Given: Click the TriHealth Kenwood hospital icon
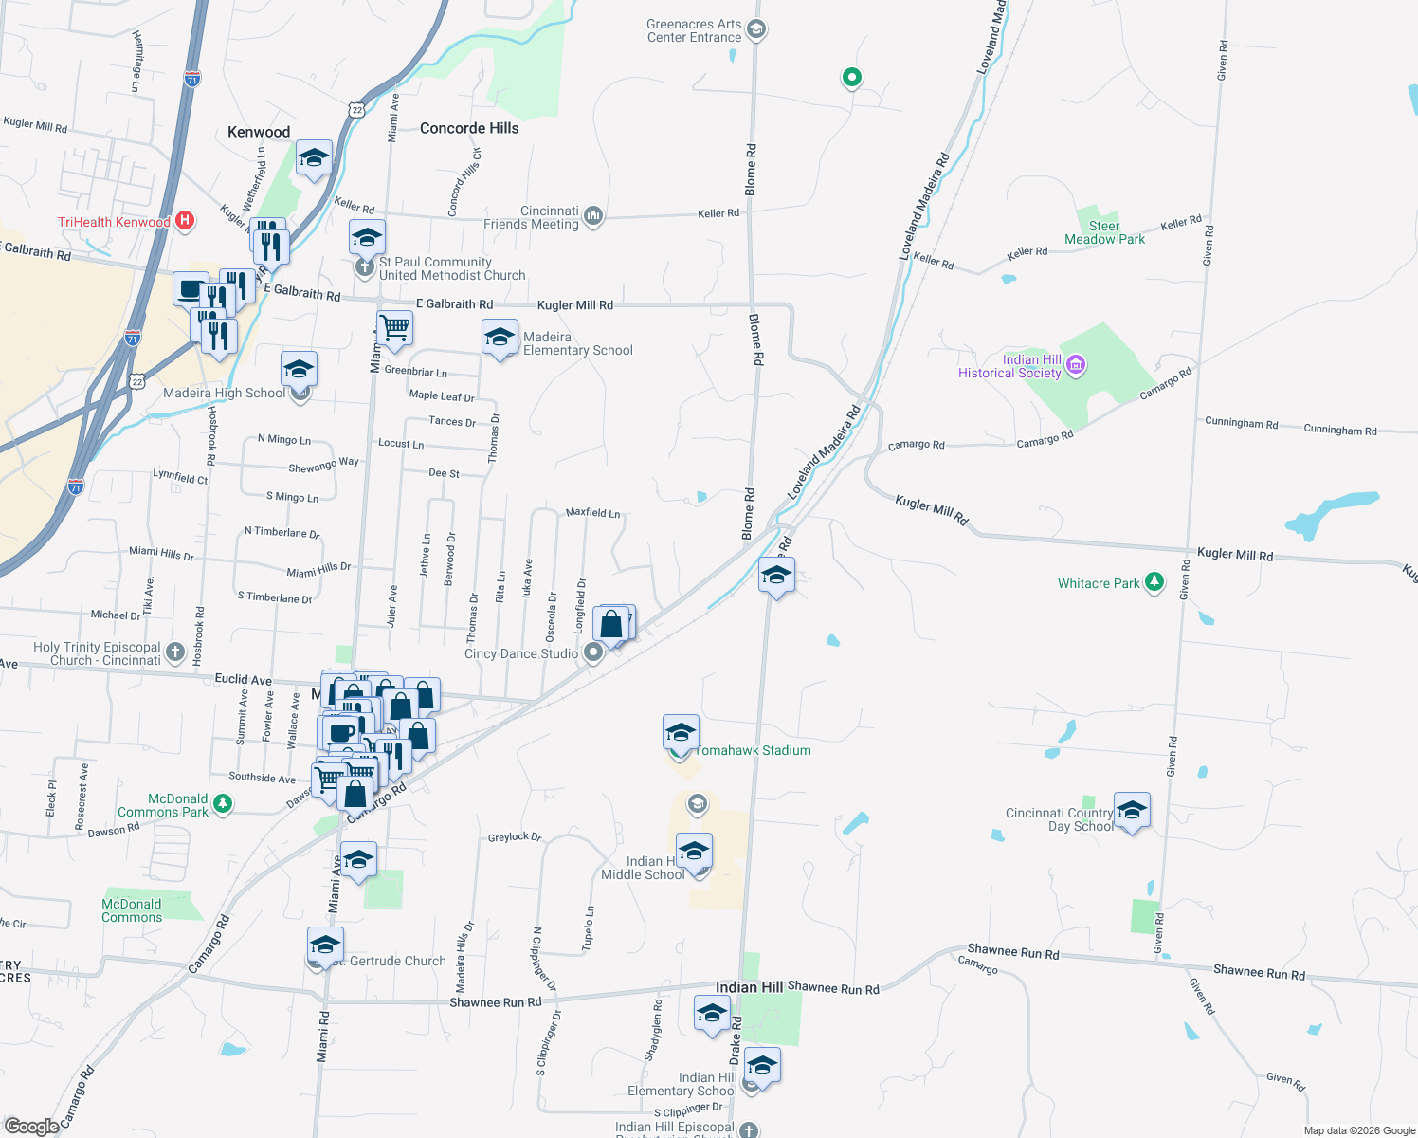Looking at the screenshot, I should [x=186, y=222].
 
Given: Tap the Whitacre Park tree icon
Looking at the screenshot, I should [x=1154, y=582].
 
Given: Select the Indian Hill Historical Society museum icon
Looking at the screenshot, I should [x=1075, y=365].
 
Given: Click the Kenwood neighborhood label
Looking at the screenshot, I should [x=259, y=132].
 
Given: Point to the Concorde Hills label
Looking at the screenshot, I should [x=469, y=128].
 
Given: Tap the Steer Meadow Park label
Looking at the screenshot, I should [x=1104, y=232].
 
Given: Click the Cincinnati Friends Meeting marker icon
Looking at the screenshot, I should [x=593, y=216].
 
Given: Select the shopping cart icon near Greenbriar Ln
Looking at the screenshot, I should [x=394, y=329].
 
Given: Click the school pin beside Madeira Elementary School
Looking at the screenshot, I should [x=500, y=337].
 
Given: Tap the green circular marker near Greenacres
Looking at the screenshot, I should [x=851, y=78].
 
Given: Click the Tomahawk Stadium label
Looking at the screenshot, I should [x=754, y=750].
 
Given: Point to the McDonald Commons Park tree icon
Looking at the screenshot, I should [x=223, y=804].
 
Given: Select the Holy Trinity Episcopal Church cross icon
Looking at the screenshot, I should [x=174, y=652].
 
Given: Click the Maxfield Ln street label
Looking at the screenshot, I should [x=592, y=512].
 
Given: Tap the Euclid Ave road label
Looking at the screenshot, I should [x=244, y=679].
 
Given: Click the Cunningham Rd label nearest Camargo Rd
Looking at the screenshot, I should [x=1241, y=423].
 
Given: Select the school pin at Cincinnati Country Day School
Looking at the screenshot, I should [x=1132, y=811].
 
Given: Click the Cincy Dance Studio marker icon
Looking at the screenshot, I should [x=593, y=652].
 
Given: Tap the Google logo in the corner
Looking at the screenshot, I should [x=31, y=1126].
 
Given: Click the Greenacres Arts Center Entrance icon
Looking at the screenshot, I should [x=756, y=29].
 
